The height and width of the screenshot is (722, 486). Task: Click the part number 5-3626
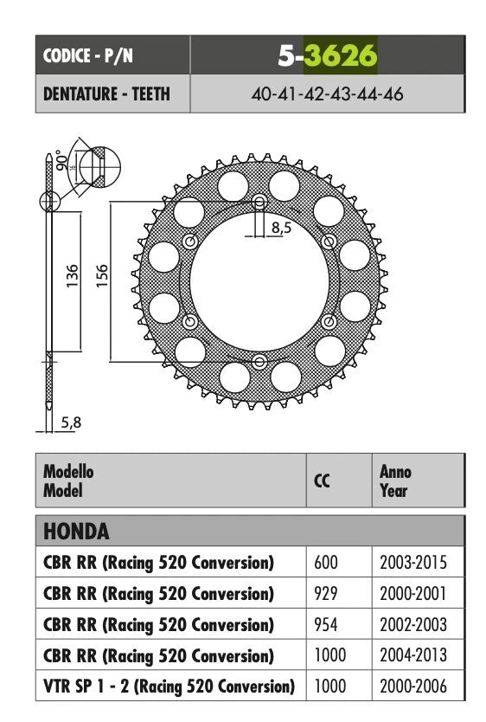click(328, 55)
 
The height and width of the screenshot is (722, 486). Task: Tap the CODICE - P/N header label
click(88, 55)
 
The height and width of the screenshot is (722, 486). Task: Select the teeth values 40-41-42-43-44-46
click(328, 94)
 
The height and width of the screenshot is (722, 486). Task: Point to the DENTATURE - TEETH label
click(106, 94)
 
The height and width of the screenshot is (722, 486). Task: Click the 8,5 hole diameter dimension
click(281, 227)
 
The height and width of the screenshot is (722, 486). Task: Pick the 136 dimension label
click(72, 276)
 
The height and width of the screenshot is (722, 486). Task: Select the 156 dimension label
click(102, 276)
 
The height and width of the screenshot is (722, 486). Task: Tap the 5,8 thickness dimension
click(71, 422)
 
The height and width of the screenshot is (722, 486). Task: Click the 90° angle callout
click(61, 160)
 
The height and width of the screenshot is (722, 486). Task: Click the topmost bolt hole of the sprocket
click(259, 202)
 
